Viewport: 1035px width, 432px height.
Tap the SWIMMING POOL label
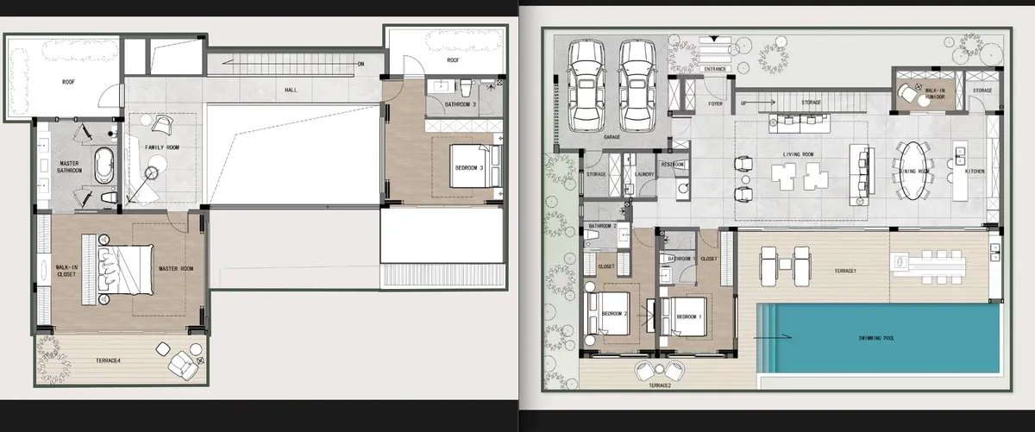point(876,338)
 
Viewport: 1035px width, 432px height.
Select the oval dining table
point(913,171)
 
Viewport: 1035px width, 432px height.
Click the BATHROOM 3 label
point(460,104)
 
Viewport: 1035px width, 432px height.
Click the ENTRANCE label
point(715,68)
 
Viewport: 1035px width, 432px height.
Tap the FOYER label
point(715,104)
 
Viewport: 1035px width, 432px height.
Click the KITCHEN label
point(975,172)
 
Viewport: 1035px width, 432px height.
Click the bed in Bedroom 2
point(601,320)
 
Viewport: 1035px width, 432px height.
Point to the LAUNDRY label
point(643,173)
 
